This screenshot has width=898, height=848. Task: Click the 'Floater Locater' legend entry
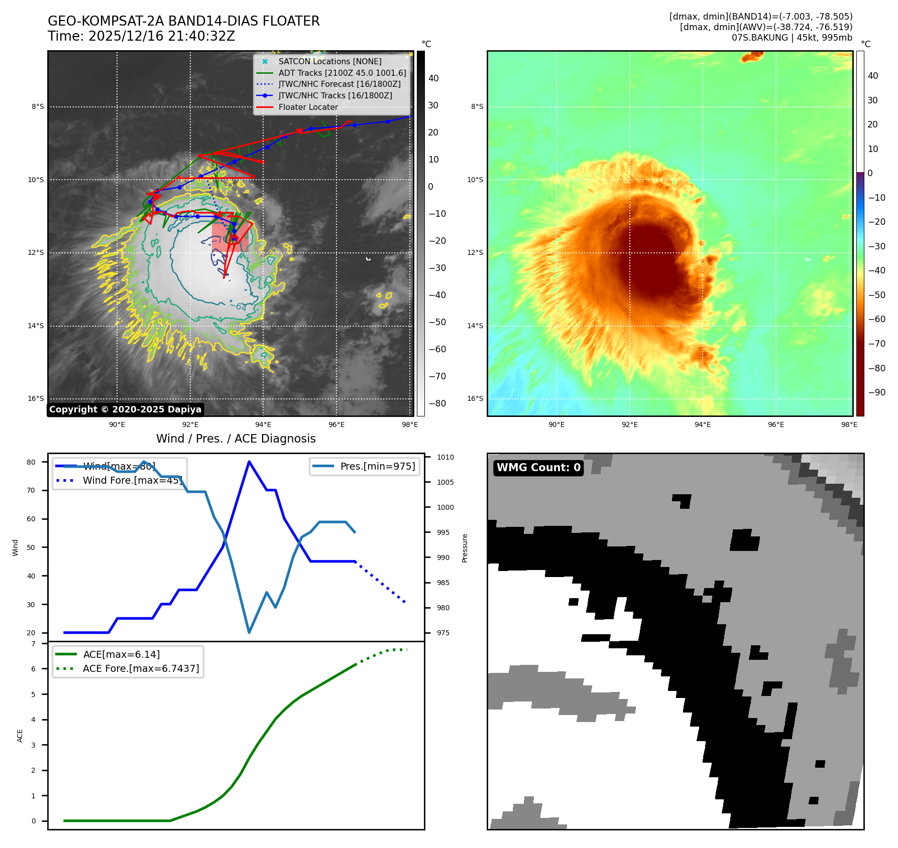click(x=308, y=107)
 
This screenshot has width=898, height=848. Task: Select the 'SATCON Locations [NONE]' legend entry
click(x=329, y=61)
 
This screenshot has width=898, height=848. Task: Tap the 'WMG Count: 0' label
click(x=538, y=468)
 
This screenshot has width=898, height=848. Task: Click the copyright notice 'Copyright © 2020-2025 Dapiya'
click(x=126, y=409)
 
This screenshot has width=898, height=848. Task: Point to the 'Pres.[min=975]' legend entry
click(x=377, y=466)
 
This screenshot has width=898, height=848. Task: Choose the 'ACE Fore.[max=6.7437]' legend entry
click(x=141, y=668)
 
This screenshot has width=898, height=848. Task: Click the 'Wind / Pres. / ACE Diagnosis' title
click(x=236, y=439)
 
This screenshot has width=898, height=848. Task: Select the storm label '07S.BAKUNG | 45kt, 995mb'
click(x=792, y=38)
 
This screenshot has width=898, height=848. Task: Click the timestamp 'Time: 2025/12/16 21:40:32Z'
click(x=141, y=36)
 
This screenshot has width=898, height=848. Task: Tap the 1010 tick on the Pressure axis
click(x=445, y=457)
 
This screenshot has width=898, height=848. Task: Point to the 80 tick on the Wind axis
click(x=31, y=462)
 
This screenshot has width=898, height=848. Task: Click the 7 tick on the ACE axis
click(x=33, y=644)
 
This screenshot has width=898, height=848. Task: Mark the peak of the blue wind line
click(x=249, y=462)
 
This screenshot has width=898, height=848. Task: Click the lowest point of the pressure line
click(x=249, y=632)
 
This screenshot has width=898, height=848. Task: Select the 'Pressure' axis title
click(x=465, y=548)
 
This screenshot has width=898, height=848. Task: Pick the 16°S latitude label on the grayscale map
click(x=36, y=399)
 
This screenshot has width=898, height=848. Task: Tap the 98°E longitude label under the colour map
click(x=849, y=425)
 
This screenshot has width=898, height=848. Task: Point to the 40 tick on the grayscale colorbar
click(x=433, y=78)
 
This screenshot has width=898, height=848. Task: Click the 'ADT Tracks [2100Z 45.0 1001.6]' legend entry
click(x=342, y=73)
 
